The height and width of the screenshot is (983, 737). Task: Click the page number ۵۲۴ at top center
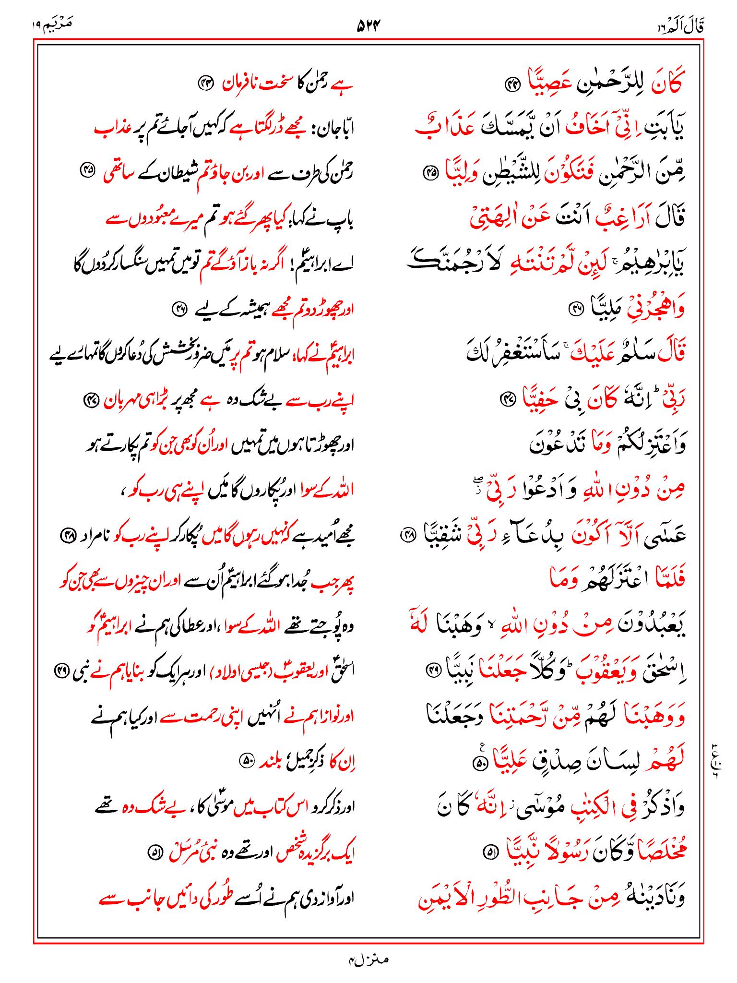368,25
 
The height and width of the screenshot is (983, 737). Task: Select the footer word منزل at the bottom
368,959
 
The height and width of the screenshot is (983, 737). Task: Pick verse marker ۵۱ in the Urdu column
155,853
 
